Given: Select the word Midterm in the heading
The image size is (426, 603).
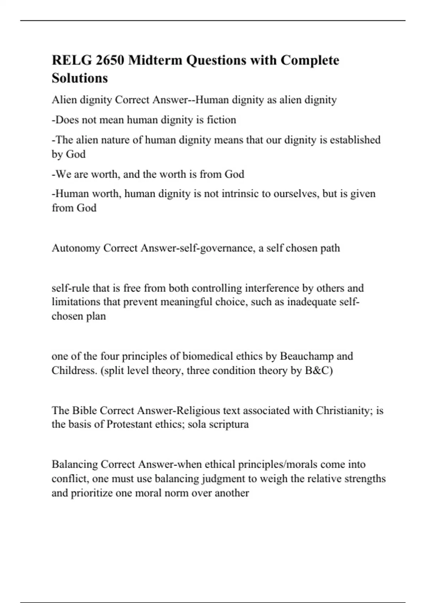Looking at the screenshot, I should coord(155,60).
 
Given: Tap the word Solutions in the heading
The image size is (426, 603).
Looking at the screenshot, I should coord(80,78).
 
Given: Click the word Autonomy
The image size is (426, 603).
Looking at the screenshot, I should coord(76,248).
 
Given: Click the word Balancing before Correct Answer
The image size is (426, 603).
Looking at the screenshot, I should coord(75,464).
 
